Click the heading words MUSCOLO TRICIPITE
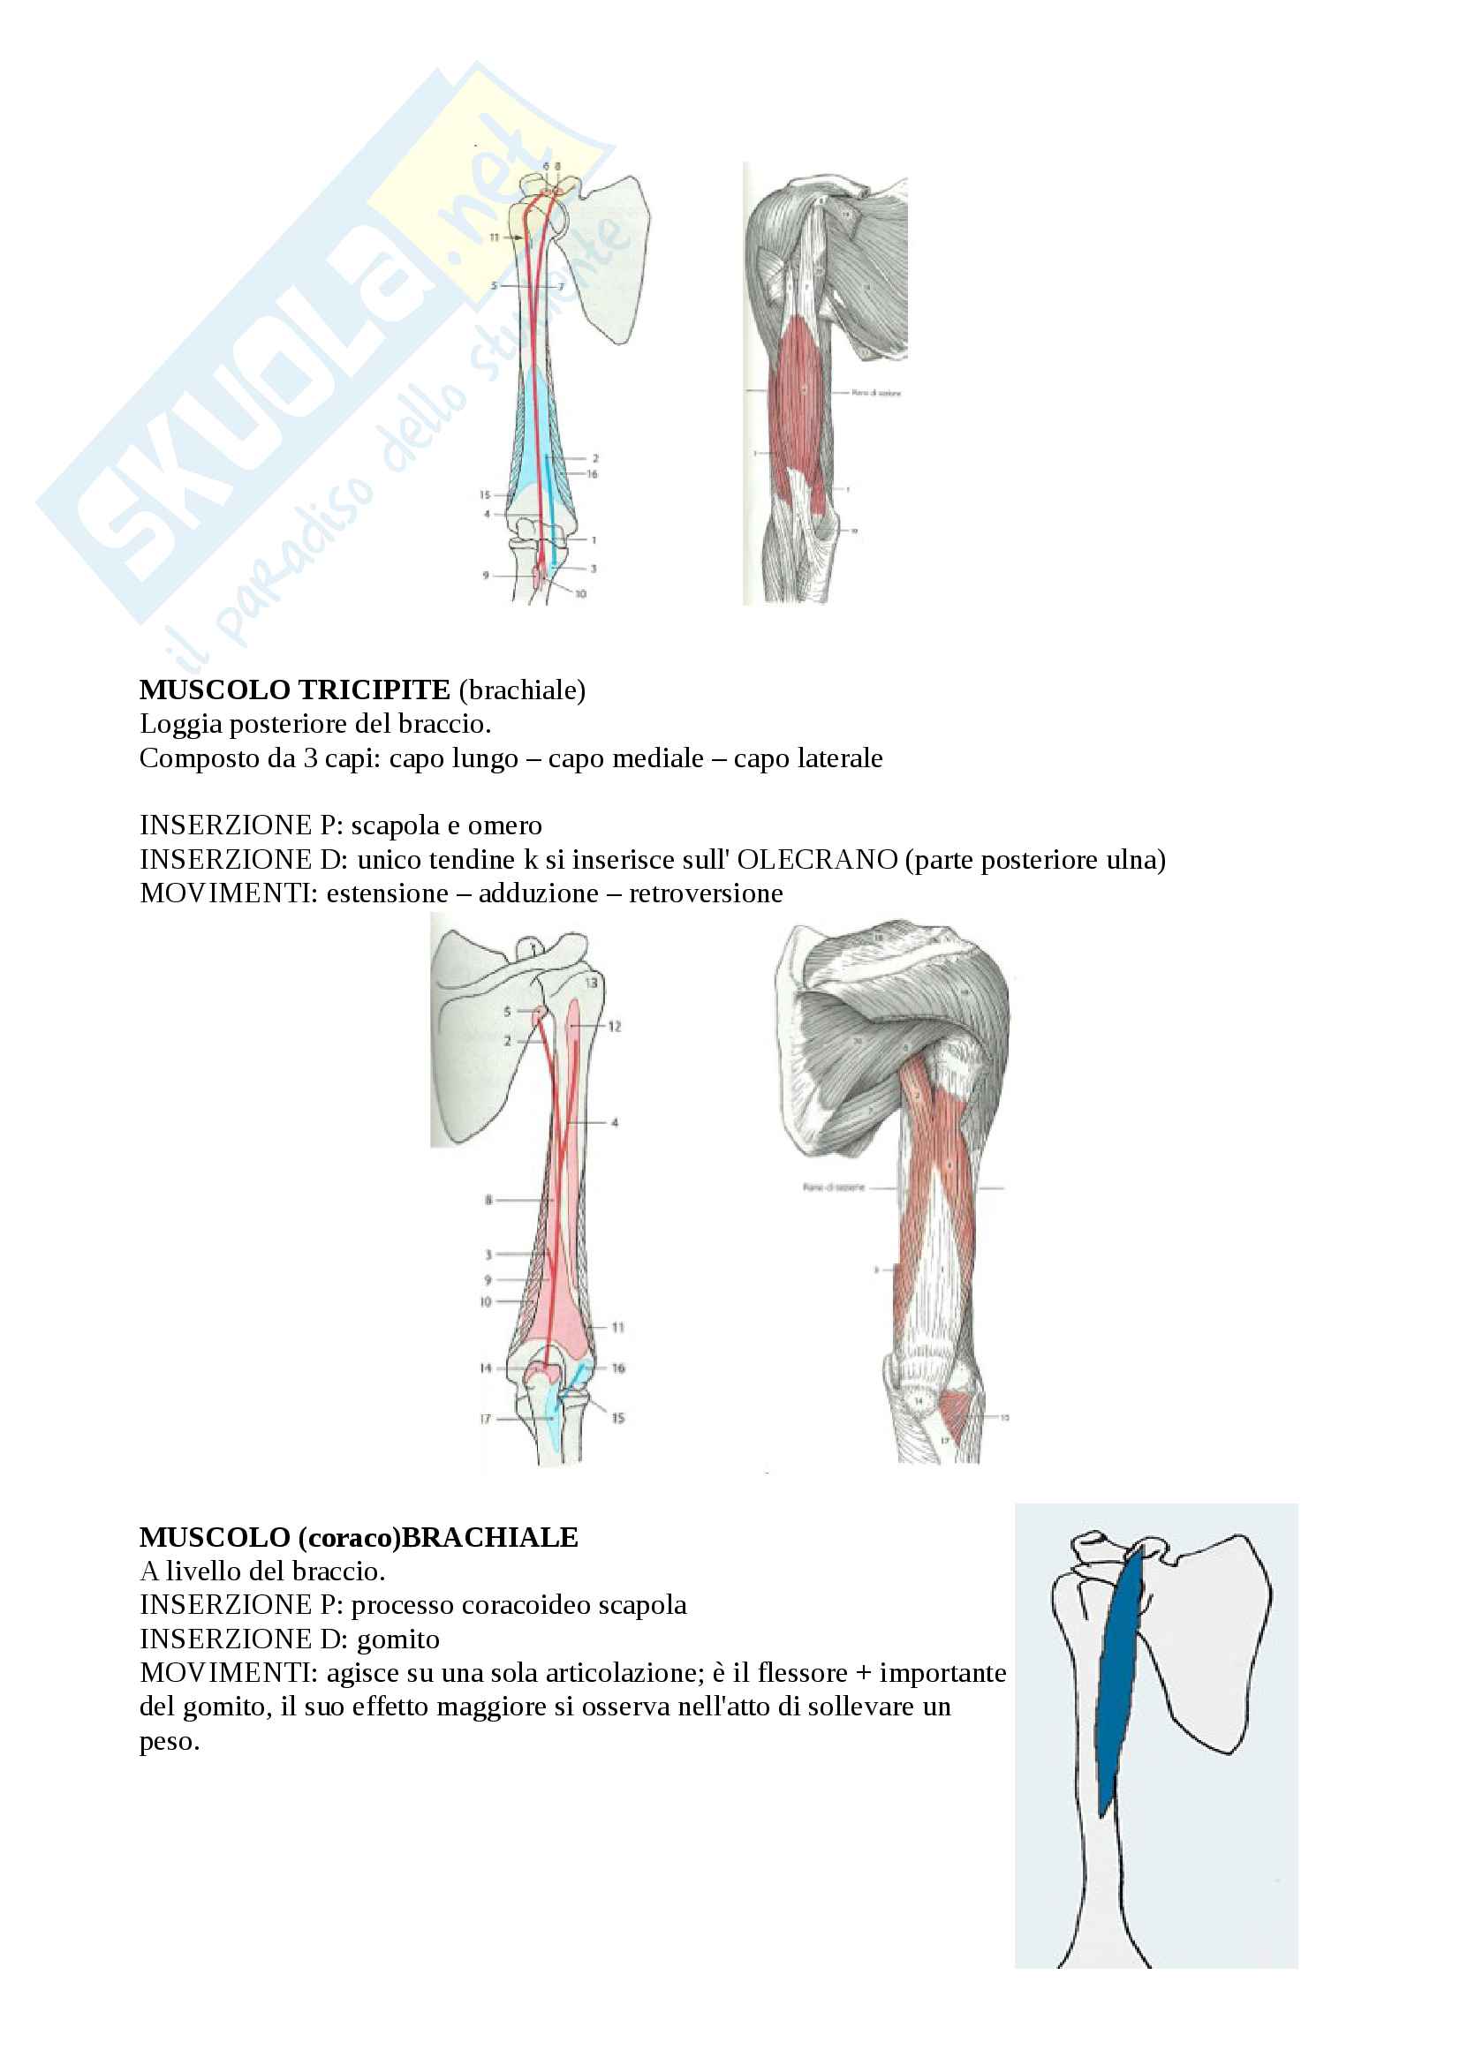[294, 690]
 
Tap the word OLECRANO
[817, 860]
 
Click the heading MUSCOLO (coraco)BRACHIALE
[358, 1538]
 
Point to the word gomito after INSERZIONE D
[398, 1639]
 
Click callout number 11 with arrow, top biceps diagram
[495, 237]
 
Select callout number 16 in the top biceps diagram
[592, 474]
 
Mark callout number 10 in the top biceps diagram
[580, 593]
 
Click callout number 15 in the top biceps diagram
[485, 494]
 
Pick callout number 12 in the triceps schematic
[615, 1026]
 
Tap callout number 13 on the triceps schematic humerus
[591, 983]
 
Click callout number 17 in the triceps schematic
[486, 1420]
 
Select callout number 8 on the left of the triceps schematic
[488, 1200]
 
